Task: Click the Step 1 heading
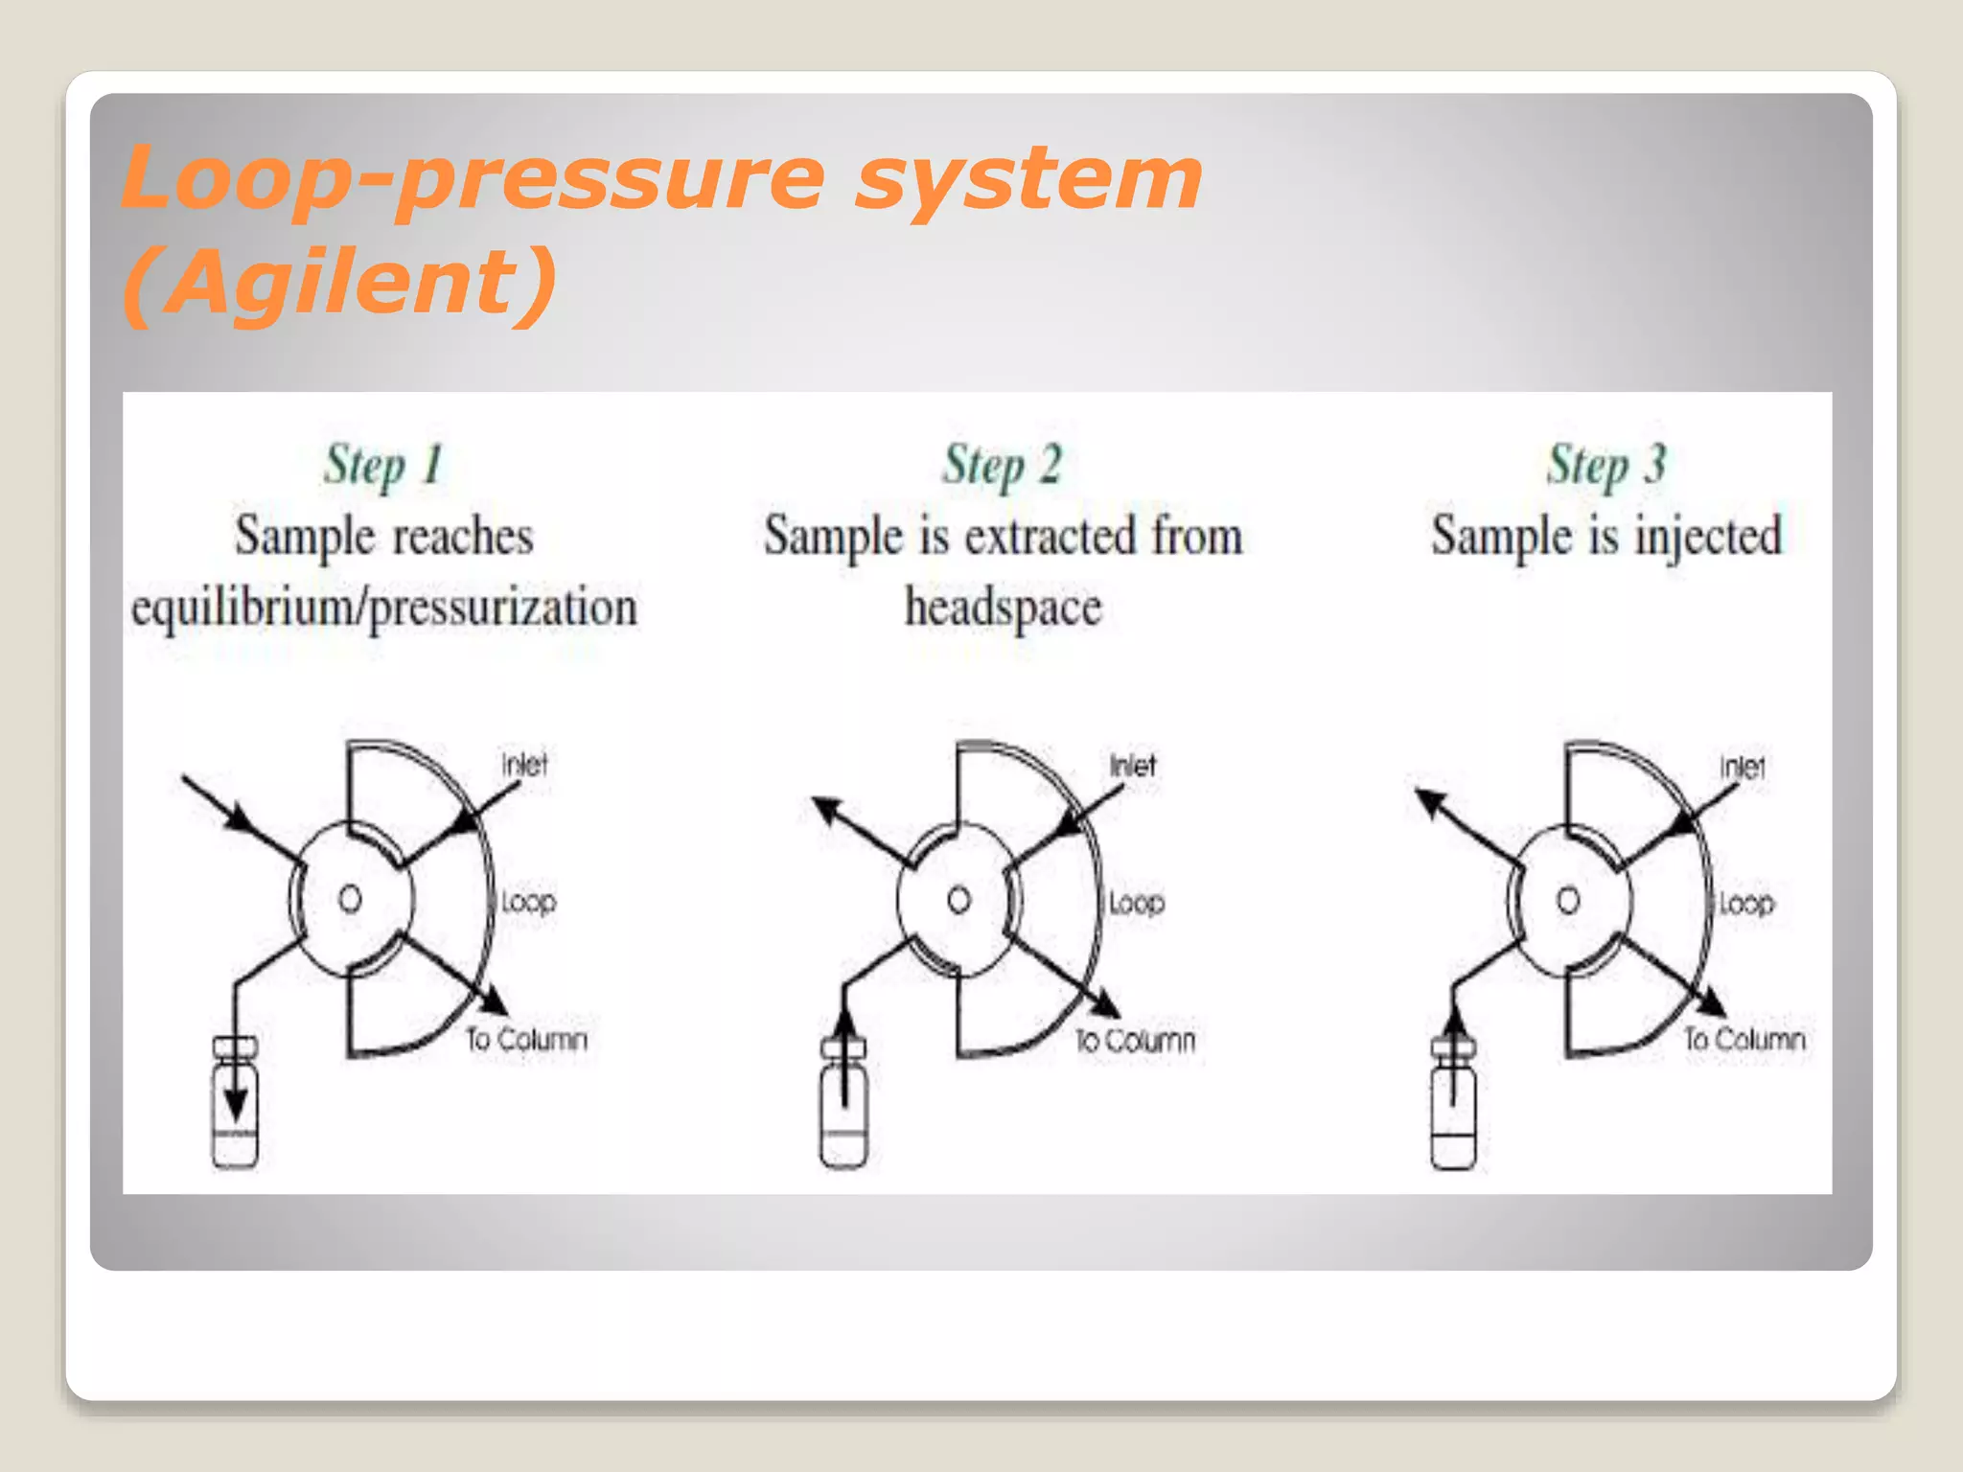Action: pos(382,466)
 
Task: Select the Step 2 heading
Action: pos(1002,466)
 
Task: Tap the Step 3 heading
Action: pos(1606,466)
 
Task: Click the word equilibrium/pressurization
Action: pos(383,609)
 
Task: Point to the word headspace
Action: pos(1003,609)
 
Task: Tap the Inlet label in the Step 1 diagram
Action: pos(524,765)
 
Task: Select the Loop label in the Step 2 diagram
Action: pos(1137,902)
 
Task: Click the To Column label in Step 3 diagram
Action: pos(1744,1039)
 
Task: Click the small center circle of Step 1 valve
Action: pos(350,899)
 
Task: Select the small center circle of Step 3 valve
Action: pos(1568,900)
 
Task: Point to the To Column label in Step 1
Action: pos(526,1039)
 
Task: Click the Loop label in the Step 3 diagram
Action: pos(1746,903)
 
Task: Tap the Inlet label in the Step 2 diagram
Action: pos(1133,765)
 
